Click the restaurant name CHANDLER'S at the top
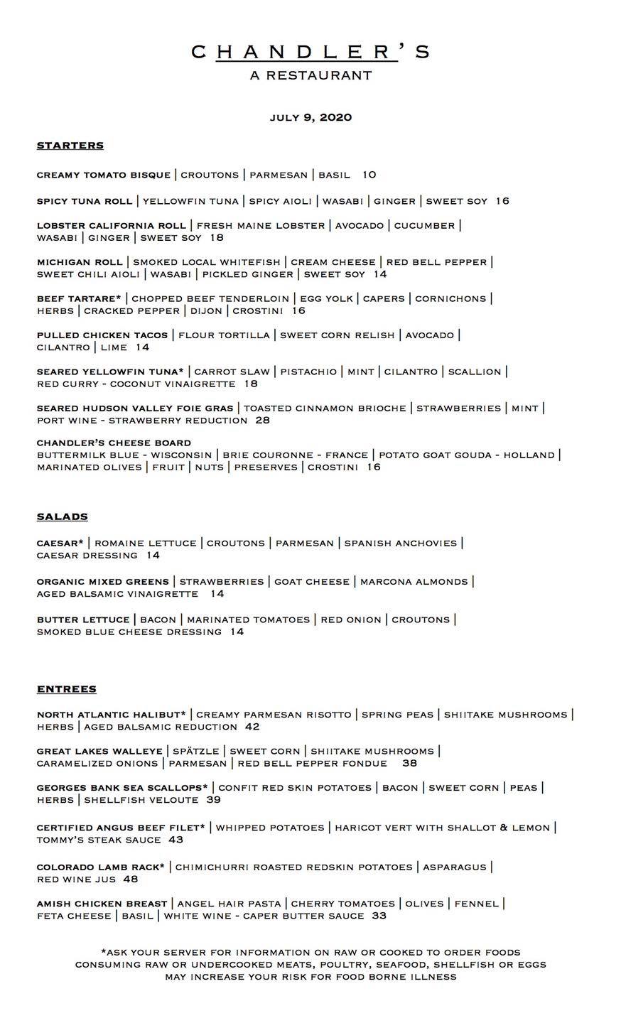(310, 52)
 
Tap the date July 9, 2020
(310, 118)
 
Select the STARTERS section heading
(70, 146)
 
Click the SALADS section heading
(63, 517)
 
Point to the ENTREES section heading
(67, 689)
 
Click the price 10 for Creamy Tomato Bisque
(369, 175)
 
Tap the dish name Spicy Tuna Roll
(85, 201)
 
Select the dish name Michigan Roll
(80, 262)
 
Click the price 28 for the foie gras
(263, 421)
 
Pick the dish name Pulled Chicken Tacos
(102, 335)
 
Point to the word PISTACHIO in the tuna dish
(308, 372)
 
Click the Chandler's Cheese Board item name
(114, 443)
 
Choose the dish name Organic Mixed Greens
(103, 582)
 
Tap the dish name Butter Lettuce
(83, 619)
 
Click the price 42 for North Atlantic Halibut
(252, 727)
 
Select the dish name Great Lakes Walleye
(99, 751)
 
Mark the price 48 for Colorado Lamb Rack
(131, 879)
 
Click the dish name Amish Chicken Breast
(102, 904)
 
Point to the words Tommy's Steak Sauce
(99, 840)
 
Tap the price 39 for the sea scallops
(213, 800)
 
